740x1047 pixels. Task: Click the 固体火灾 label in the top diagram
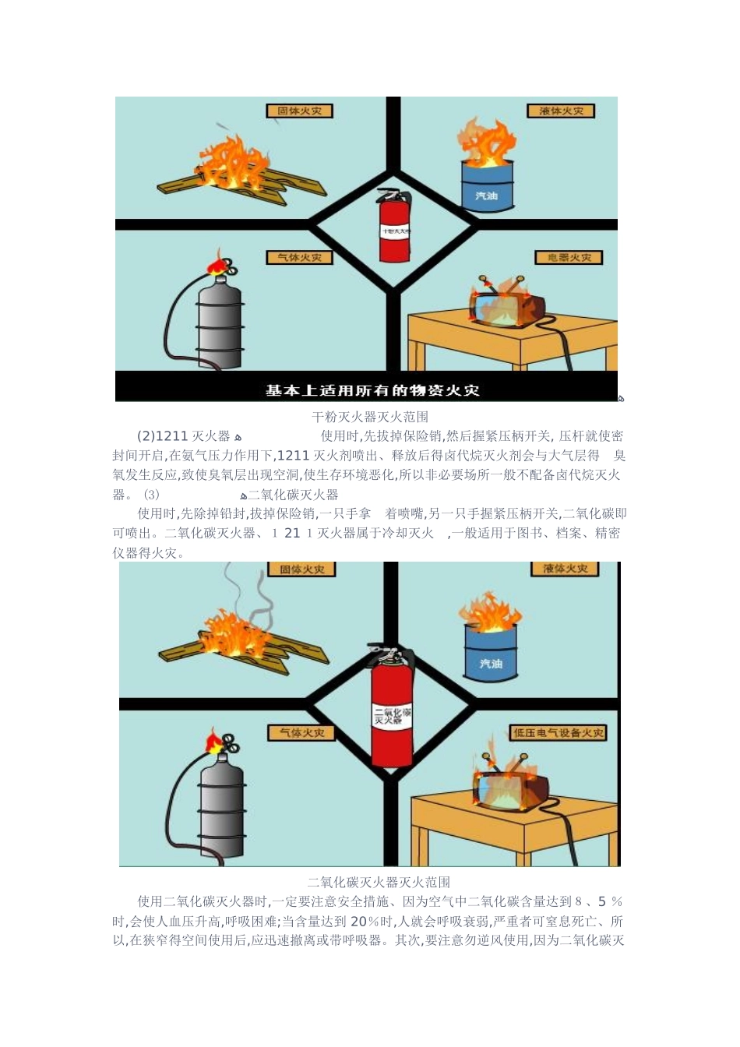click(x=299, y=111)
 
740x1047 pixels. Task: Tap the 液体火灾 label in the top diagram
click(x=561, y=111)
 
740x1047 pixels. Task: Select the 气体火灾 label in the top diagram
click(x=299, y=257)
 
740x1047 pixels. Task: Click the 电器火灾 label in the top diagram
click(x=569, y=257)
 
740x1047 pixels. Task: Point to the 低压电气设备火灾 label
click(x=559, y=732)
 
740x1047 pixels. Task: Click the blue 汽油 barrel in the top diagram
click(x=487, y=185)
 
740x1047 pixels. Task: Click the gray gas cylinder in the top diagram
click(x=219, y=321)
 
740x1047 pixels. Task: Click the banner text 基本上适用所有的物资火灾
click(x=372, y=390)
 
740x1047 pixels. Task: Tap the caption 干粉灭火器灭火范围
click(x=370, y=417)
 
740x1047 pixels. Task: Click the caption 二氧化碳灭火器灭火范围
click(x=379, y=882)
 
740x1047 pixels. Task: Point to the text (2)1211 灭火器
click(x=184, y=436)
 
